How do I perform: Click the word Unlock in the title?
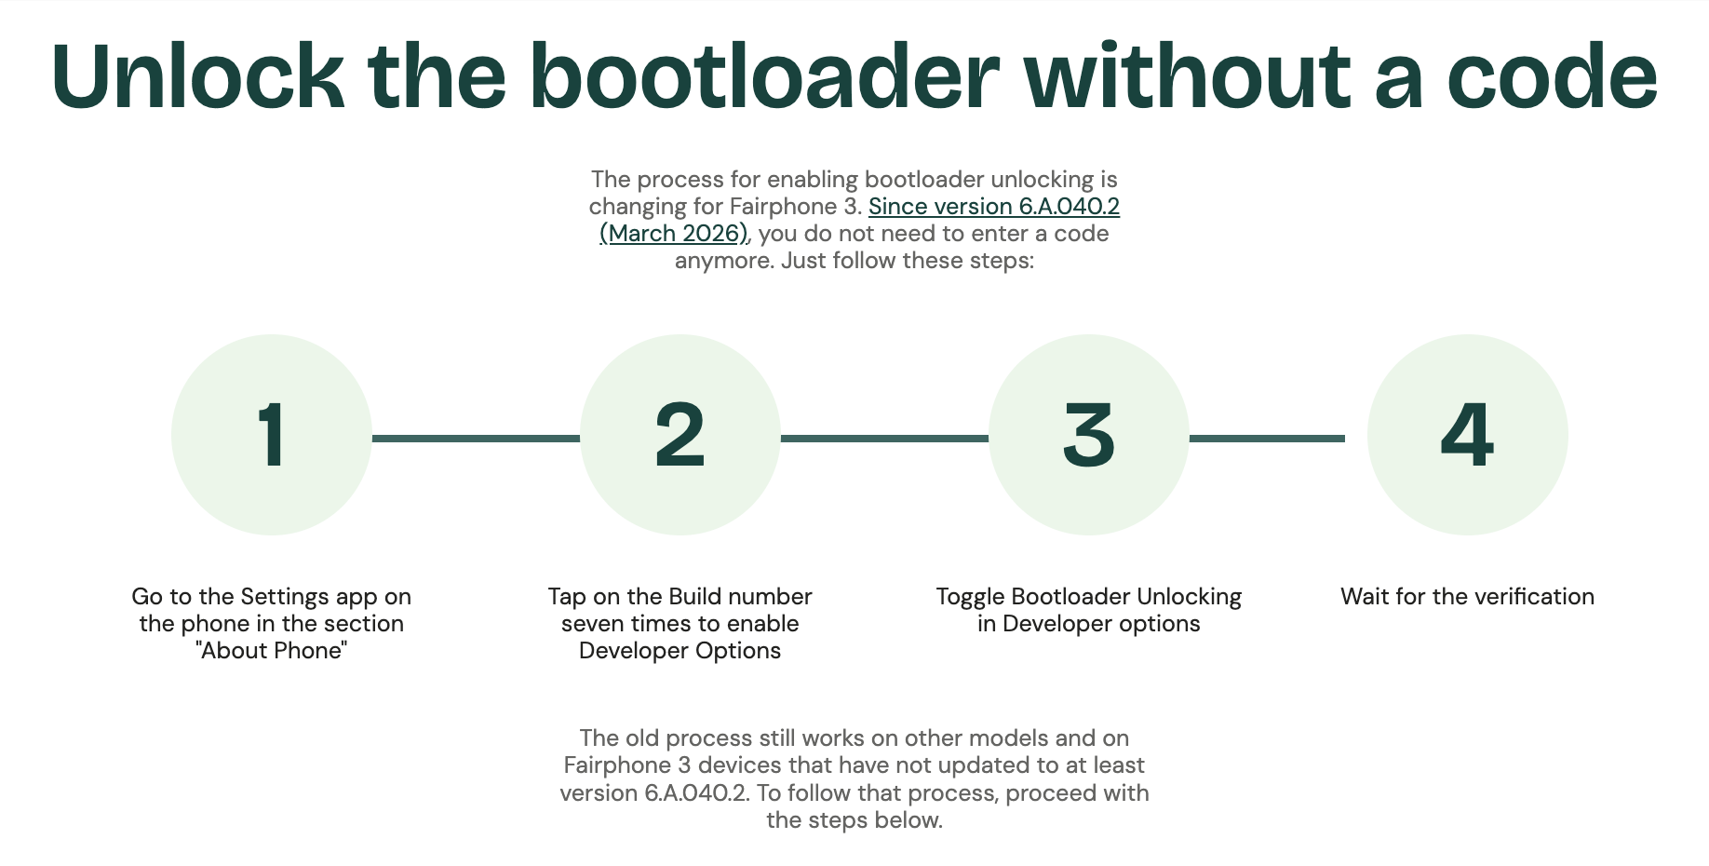(197, 76)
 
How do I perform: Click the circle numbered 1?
(272, 435)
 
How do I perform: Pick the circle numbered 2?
(680, 435)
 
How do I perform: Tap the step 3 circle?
(1089, 435)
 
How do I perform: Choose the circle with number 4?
(1468, 435)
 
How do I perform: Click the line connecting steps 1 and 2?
(476, 438)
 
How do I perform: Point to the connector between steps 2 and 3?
(884, 438)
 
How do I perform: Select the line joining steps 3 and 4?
(1267, 438)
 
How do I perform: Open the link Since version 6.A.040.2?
(993, 207)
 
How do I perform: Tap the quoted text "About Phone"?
(272, 651)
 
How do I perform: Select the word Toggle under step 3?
(970, 597)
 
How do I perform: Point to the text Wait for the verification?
(1467, 597)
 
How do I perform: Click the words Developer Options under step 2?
(680, 651)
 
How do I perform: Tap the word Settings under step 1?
(284, 597)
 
